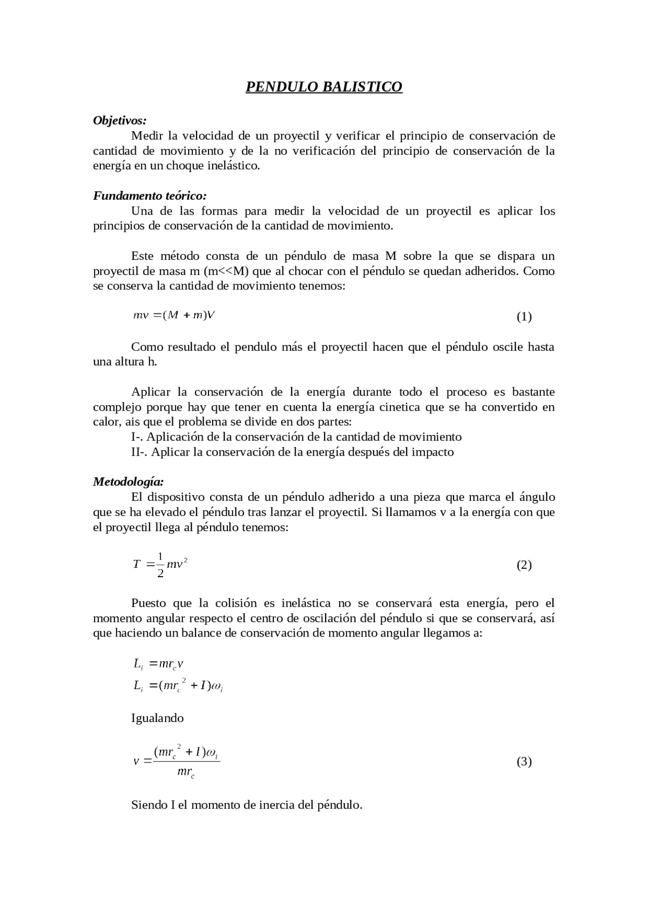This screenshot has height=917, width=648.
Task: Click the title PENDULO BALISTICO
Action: (x=323, y=87)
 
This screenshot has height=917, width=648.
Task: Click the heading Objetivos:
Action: (x=119, y=121)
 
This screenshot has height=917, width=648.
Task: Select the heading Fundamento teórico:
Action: (x=149, y=196)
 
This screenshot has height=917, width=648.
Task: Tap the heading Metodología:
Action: (x=128, y=482)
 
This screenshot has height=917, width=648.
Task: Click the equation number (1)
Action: (x=523, y=317)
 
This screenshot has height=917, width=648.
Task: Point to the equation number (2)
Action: (x=523, y=565)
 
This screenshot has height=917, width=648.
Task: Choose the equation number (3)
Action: (x=523, y=762)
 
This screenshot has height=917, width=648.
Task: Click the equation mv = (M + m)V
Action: (x=174, y=315)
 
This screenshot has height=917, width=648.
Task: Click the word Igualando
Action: (x=157, y=718)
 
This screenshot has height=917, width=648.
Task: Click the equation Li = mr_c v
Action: (x=158, y=664)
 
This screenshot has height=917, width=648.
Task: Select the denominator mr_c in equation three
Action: (x=186, y=772)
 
